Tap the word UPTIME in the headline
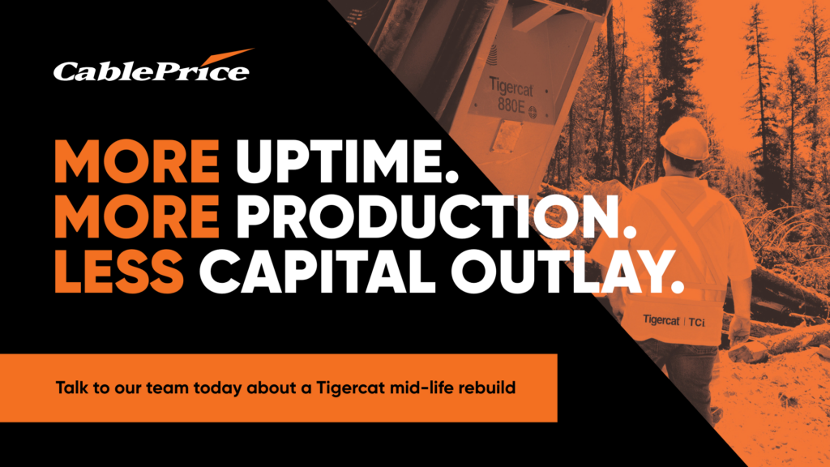346,162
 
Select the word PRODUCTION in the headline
435,217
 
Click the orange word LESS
119,272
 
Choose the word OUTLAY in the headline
559,272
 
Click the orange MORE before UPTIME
137,162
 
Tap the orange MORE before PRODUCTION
137,217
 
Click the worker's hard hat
685,138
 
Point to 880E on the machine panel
511,105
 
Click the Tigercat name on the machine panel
511,87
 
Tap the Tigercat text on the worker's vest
661,319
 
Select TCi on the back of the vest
696,322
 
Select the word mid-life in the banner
421,388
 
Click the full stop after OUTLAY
677,288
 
